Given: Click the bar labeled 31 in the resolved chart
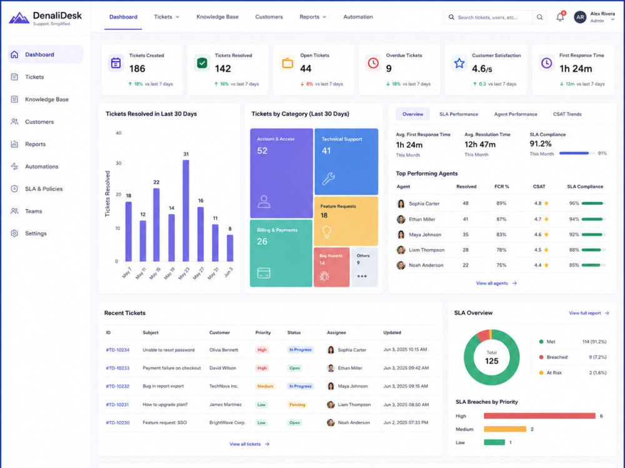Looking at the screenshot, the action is point(186,210).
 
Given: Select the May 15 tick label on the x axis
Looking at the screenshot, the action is point(154,273).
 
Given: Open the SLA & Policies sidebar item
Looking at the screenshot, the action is point(44,188).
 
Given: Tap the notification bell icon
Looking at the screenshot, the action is point(560,17).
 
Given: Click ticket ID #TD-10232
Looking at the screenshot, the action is point(117,386).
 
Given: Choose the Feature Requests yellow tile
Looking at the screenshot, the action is point(346,221).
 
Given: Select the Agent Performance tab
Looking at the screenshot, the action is point(516,114).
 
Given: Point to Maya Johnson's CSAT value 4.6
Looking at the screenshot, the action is point(537,235).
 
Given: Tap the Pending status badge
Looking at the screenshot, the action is point(297,405).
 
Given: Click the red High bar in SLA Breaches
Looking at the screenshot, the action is point(539,416).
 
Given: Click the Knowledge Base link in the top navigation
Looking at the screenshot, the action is point(217,17).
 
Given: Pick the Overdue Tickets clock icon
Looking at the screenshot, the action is point(373,63).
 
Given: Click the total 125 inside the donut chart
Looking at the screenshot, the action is point(491,361).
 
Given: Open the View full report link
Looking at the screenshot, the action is point(589,313).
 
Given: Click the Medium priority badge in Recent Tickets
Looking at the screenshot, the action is point(265,386).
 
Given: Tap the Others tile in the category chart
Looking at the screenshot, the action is point(364,267).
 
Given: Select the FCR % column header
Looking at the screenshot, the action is point(501,187).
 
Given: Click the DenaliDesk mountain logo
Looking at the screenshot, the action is point(19,18).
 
